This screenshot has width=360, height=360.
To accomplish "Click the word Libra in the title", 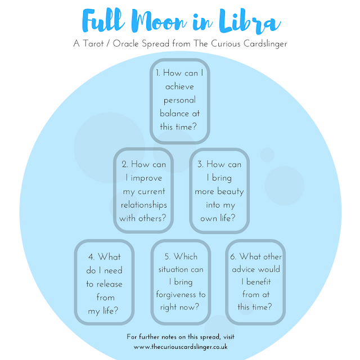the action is click(x=250, y=21).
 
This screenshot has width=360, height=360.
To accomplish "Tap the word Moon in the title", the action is click(x=159, y=21).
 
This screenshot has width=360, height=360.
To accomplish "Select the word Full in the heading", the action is click(x=103, y=20).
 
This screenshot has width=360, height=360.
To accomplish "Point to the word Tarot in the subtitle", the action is click(x=93, y=43).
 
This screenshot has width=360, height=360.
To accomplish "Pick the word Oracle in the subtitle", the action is click(x=125, y=43).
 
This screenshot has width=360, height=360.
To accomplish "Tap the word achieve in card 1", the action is click(x=179, y=87).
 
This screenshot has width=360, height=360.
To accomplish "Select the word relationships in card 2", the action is click(x=144, y=205).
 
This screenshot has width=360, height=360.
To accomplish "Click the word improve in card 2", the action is click(x=146, y=178).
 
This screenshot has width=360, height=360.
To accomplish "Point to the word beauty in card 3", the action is click(x=231, y=191).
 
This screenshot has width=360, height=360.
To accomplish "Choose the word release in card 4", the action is click(x=109, y=284).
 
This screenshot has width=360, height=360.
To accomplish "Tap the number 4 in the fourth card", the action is click(x=91, y=257).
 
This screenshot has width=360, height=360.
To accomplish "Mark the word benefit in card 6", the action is click(x=259, y=282).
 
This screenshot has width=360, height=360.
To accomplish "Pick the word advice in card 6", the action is click(x=244, y=269).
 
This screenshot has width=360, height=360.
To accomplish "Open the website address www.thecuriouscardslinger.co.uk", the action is click(x=181, y=346).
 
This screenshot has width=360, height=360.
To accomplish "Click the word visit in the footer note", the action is click(x=229, y=337).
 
